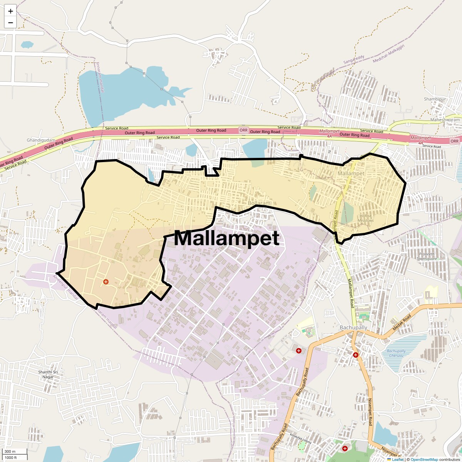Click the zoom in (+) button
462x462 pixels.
coord(10,11)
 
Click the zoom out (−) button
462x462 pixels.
coord(10,23)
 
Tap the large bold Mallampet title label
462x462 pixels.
coord(226,238)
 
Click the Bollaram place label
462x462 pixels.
coord(259,203)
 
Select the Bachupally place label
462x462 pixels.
coord(353,327)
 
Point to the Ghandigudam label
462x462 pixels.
coord(41,140)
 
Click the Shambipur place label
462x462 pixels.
coord(435,99)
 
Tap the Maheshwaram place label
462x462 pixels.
coord(445,120)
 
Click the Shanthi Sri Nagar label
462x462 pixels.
coord(48,374)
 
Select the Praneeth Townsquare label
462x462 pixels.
coord(427,256)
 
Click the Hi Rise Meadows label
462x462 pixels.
coord(365,218)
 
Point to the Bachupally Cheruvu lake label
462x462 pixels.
coord(396,353)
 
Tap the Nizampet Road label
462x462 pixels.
coord(370,412)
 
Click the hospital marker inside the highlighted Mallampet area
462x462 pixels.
coord(106,282)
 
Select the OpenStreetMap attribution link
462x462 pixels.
coord(424,459)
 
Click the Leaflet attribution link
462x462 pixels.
coord(397,459)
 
